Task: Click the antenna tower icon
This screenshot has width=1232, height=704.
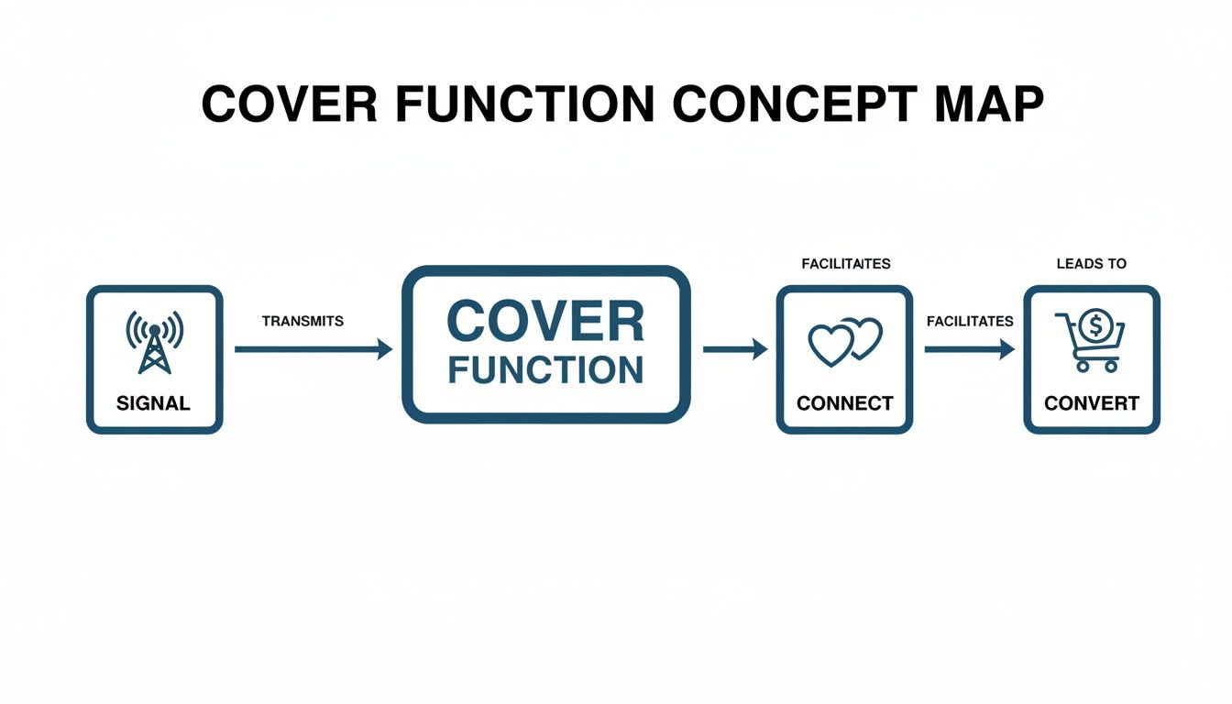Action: point(154,342)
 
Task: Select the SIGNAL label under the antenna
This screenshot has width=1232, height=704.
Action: point(154,403)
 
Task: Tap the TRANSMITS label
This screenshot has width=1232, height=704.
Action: point(302,321)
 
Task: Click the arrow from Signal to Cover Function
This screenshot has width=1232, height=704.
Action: point(313,349)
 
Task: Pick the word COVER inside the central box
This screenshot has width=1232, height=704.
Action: point(545,323)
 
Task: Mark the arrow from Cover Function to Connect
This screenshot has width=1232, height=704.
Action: point(734,349)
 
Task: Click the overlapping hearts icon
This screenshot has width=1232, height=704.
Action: point(844,342)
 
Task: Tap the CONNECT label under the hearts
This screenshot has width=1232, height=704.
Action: point(844,403)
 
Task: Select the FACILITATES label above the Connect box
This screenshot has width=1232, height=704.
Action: point(845,264)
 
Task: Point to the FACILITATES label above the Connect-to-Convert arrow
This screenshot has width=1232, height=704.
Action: point(970,321)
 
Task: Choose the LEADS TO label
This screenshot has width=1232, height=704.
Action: point(1091,264)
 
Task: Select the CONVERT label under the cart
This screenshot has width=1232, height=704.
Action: point(1092,403)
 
